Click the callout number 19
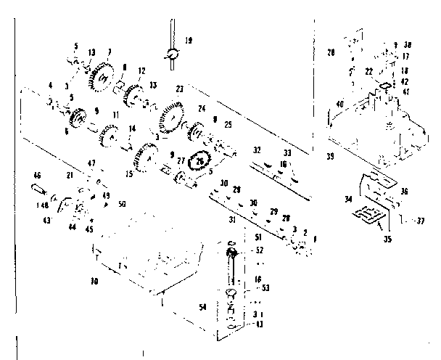(189, 41)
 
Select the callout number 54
(202, 307)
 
